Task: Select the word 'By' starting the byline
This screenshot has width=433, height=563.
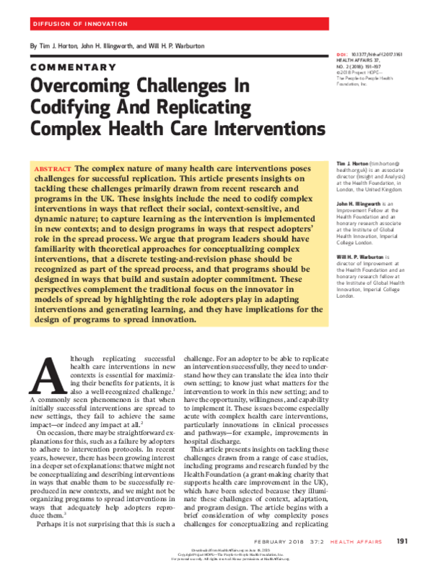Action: [32, 46]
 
